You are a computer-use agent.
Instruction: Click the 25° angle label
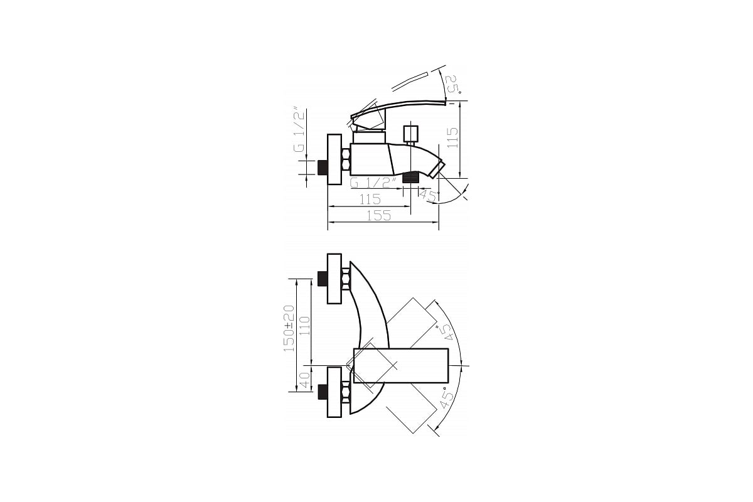[x=453, y=85]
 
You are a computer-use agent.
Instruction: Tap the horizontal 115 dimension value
[x=370, y=199]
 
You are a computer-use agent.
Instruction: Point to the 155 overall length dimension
[x=378, y=215]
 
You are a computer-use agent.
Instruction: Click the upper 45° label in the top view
[x=448, y=330]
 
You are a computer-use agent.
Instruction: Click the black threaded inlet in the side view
[x=324, y=168]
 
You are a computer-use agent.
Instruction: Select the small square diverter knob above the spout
[x=411, y=134]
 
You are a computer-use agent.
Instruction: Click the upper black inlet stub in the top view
[x=323, y=278]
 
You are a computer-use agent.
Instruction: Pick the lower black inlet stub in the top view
[x=323, y=392]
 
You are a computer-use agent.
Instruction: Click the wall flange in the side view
[x=334, y=160]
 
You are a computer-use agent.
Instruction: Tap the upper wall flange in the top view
[x=334, y=278]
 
